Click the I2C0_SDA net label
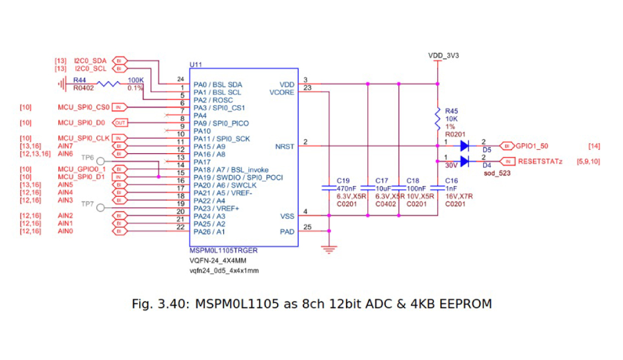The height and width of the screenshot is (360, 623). point(90,60)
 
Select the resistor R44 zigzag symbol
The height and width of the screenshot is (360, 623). point(109,84)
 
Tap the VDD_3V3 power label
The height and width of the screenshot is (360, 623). point(443,55)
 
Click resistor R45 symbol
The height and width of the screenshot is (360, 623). point(437,116)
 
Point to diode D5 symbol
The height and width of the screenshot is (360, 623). point(465,146)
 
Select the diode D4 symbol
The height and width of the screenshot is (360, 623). point(465,161)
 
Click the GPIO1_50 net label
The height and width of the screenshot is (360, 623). point(533,146)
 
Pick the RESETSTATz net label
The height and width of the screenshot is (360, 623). point(540,161)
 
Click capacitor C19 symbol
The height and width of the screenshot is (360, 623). point(329,188)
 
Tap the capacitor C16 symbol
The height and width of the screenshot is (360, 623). point(437,188)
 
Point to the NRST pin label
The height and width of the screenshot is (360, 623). point(285,147)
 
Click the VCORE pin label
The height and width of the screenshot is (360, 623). point(282,93)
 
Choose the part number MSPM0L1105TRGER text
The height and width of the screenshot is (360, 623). point(223,250)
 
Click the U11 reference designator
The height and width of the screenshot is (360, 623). point(196,64)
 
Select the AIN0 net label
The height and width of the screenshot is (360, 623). point(65,232)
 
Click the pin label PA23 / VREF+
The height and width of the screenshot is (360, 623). point(216,209)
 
